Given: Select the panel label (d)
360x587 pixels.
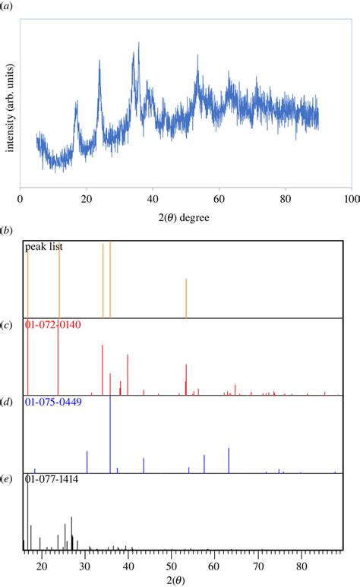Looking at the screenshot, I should [x=7, y=402].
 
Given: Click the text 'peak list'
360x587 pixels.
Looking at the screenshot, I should [x=44, y=247].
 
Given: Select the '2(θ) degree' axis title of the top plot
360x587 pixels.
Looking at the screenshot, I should [x=185, y=216].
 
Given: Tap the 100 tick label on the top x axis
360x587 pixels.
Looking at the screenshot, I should [x=351, y=199].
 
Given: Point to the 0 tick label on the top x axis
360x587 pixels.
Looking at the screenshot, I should [x=20, y=199].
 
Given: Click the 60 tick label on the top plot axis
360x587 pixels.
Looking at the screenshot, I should [x=219, y=199].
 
